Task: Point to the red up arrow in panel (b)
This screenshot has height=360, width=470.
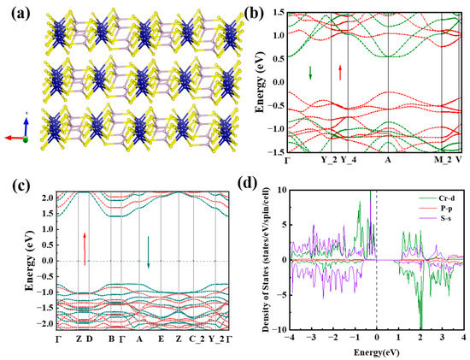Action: [x=340, y=71]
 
